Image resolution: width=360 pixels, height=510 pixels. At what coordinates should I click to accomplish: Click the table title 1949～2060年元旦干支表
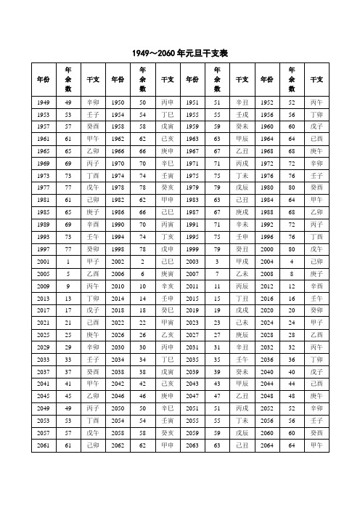pyautogui.click(x=180, y=54)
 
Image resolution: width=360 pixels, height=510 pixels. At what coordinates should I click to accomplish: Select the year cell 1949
pyautogui.click(x=44, y=102)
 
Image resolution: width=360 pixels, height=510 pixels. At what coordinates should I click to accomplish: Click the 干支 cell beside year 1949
pyautogui.click(x=93, y=102)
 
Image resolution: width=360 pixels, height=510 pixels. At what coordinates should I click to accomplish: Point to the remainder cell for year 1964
pyautogui.click(x=292, y=137)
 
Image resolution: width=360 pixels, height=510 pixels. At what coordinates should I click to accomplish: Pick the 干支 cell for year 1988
pyautogui.click(x=317, y=172)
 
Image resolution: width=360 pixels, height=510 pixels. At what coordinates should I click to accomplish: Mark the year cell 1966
pyautogui.click(x=117, y=149)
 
